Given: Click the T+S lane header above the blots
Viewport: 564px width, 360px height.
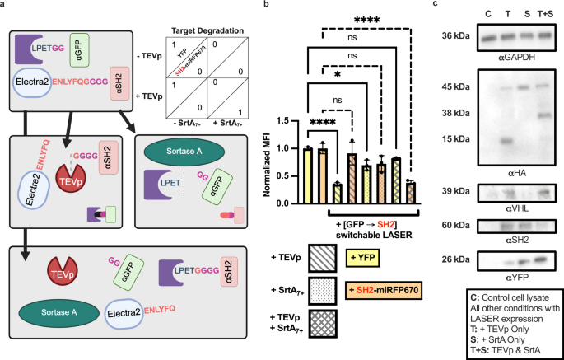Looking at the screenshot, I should [541, 13].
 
